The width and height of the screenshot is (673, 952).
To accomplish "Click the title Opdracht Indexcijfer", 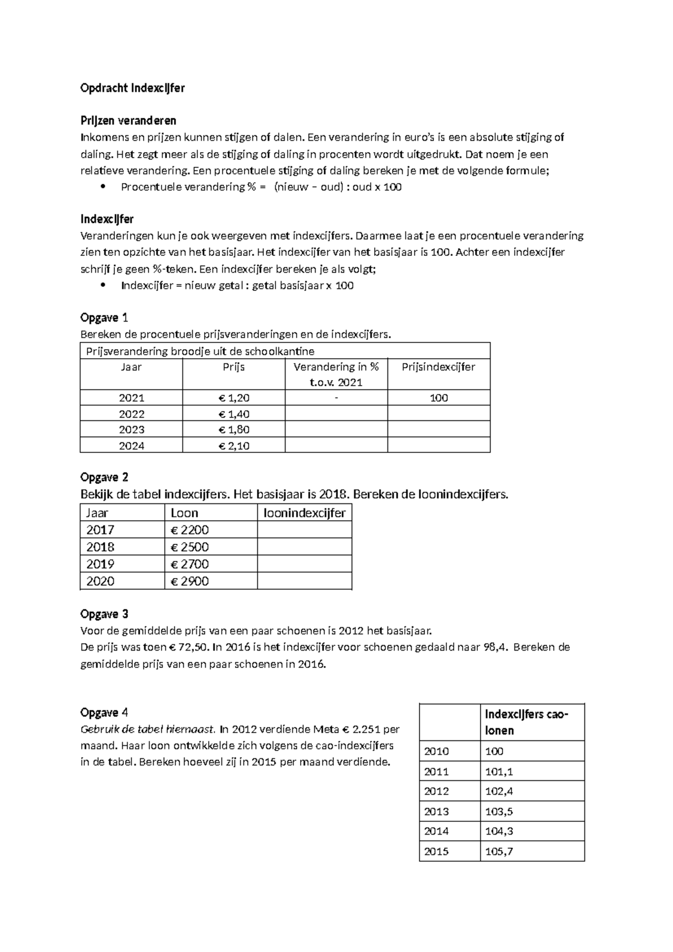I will (132, 88).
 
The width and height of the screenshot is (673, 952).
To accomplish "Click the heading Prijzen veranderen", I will (128, 121).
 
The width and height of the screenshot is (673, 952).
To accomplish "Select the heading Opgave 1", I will (104, 318).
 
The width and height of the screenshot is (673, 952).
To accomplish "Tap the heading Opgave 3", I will (104, 614).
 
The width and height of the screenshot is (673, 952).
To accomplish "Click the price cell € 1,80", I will (234, 430).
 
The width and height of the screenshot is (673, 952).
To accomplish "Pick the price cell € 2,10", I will (234, 446).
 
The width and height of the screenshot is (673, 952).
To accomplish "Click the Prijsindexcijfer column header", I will (439, 367).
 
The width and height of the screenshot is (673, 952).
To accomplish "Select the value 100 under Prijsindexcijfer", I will (439, 398).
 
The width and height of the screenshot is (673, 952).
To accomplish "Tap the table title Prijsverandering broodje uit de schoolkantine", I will (200, 351).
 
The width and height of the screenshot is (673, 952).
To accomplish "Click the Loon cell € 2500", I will (190, 547).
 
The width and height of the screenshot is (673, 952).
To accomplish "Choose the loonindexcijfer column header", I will (305, 513).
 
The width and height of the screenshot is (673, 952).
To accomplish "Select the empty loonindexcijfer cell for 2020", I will (305, 582).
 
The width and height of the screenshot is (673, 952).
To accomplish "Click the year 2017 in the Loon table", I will (100, 530).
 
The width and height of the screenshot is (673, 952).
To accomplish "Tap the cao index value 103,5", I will (499, 812).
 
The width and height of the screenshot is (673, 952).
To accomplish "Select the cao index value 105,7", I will (499, 852).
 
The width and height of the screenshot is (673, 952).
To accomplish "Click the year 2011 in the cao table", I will (436, 772).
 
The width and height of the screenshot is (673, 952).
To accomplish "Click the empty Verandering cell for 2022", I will (336, 414).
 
